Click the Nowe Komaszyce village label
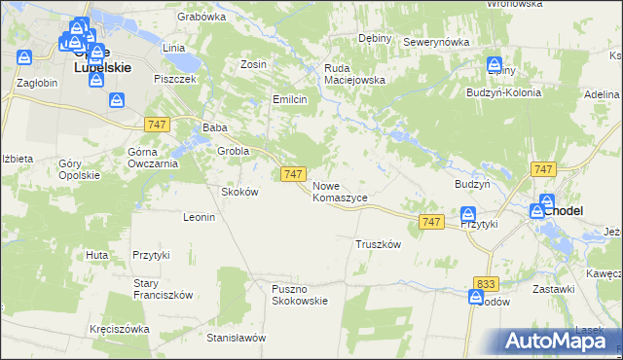point(340,191)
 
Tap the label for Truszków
point(379,245)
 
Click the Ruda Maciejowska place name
point(354,74)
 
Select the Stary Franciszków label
point(164,289)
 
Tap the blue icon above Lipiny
point(495,62)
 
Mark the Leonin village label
point(199,217)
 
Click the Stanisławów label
point(237,339)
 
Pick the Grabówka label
point(202,17)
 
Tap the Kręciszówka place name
point(119,329)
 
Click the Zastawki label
point(553,290)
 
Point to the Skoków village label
point(240,192)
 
